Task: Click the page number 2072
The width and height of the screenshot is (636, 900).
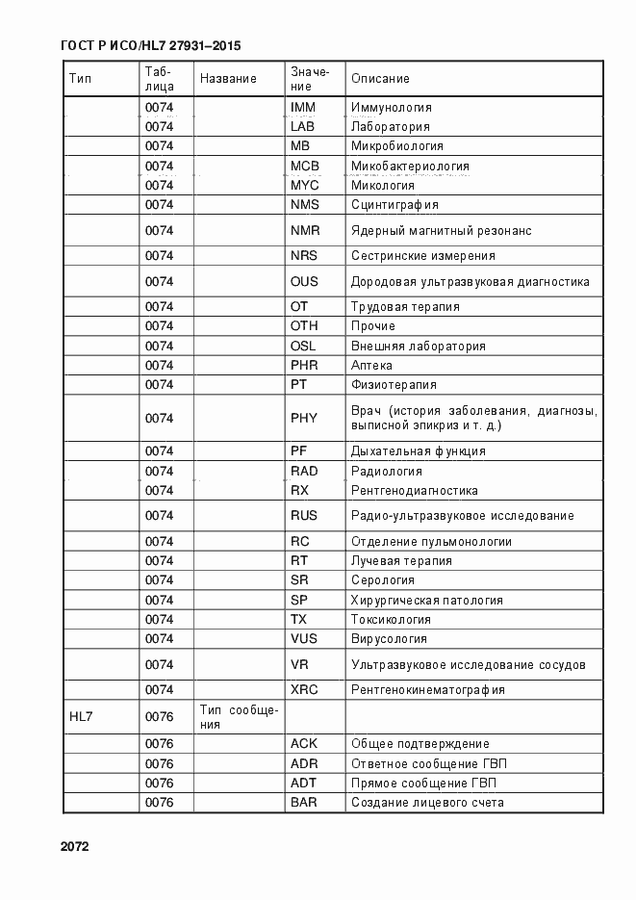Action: point(74,847)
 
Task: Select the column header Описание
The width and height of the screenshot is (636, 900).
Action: point(380,78)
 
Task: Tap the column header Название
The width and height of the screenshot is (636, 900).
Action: point(228,78)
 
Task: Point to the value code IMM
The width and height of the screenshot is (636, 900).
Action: point(303,107)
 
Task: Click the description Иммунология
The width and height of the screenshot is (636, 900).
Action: point(392,108)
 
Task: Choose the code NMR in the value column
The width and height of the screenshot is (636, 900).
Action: point(304,230)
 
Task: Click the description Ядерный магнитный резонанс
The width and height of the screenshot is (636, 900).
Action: point(442,231)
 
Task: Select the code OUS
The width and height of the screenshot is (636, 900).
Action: point(304,282)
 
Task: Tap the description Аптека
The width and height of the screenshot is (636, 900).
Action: point(372,366)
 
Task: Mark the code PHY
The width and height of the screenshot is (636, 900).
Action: point(304,418)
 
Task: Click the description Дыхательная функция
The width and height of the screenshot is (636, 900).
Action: point(418,450)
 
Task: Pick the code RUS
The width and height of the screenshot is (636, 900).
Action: point(304,516)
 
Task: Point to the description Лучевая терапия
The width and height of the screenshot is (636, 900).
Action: point(401,561)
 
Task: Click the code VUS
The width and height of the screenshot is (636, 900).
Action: point(304,639)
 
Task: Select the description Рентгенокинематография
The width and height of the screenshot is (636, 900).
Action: point(428,690)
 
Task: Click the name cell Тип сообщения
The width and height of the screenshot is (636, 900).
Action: point(239,716)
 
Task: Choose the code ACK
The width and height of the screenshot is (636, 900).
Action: point(303,744)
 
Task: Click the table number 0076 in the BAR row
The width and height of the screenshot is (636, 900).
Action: point(159,802)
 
